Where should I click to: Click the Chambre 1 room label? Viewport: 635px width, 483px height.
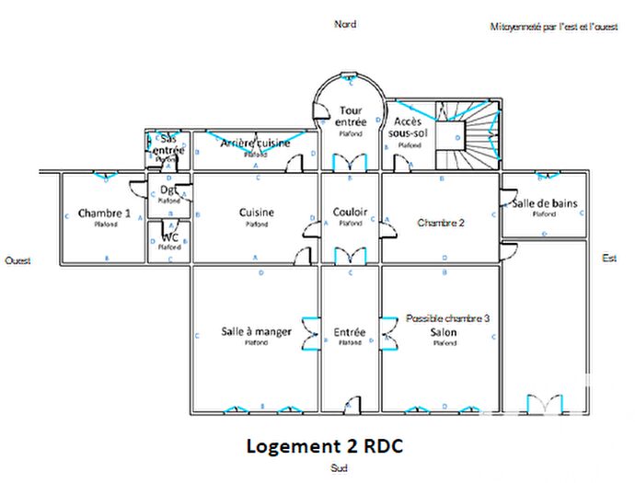[104, 213]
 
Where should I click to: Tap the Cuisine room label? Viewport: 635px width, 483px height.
[257, 213]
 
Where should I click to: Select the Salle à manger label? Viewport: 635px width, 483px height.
[257, 331]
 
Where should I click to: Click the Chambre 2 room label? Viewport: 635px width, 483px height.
[441, 223]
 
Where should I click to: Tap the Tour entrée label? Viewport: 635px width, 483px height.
[349, 116]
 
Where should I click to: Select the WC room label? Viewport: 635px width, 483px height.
[169, 236]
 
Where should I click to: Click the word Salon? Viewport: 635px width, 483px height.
[444, 331]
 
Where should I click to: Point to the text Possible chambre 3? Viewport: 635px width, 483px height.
[447, 318]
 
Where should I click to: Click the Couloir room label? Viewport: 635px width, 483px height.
[350, 213]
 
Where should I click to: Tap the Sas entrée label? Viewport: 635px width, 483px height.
[167, 144]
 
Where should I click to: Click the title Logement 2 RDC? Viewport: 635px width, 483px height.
[324, 445]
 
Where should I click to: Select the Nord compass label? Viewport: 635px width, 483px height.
[344, 24]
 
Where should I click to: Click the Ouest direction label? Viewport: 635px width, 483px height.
[17, 260]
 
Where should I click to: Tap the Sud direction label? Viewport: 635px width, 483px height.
[340, 467]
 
